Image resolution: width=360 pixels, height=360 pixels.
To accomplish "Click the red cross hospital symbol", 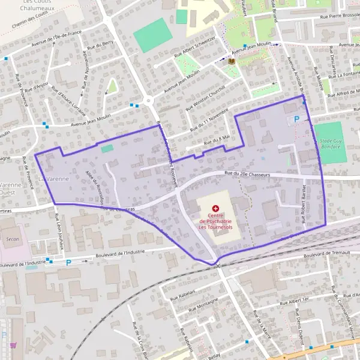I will point(215,208).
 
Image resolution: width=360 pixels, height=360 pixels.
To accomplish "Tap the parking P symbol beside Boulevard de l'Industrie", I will point(68,262).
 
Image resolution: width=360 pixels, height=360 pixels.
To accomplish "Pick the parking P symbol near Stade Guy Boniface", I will point(296,119).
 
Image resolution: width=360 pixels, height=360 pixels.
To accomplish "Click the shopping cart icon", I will point(13,345).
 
